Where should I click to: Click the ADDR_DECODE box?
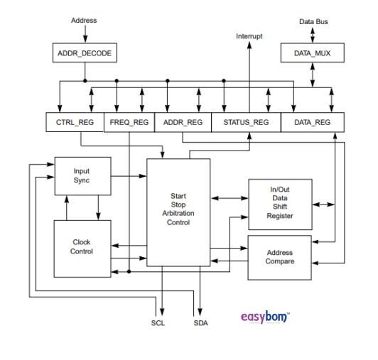pos(84,53)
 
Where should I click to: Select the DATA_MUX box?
pos(313,53)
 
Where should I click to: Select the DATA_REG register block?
pos(313,122)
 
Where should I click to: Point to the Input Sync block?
pos(82,175)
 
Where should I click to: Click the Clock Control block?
pos(82,246)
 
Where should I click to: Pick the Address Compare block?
pos(279,256)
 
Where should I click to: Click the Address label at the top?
pos(84,21)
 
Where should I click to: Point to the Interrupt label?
pos(248,36)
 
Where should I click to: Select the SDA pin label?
pos(202,322)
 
